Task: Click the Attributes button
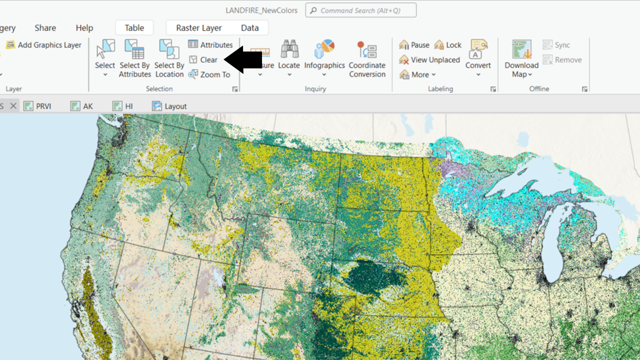click(210, 45)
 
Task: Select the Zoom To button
click(209, 74)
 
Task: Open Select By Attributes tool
click(134, 58)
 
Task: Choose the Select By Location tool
click(169, 58)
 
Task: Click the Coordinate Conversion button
click(367, 58)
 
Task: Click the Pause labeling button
click(414, 45)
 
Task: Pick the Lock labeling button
click(448, 45)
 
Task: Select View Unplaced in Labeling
click(429, 60)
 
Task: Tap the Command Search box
click(361, 10)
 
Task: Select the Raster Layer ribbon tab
click(198, 28)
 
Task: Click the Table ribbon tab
click(134, 28)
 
